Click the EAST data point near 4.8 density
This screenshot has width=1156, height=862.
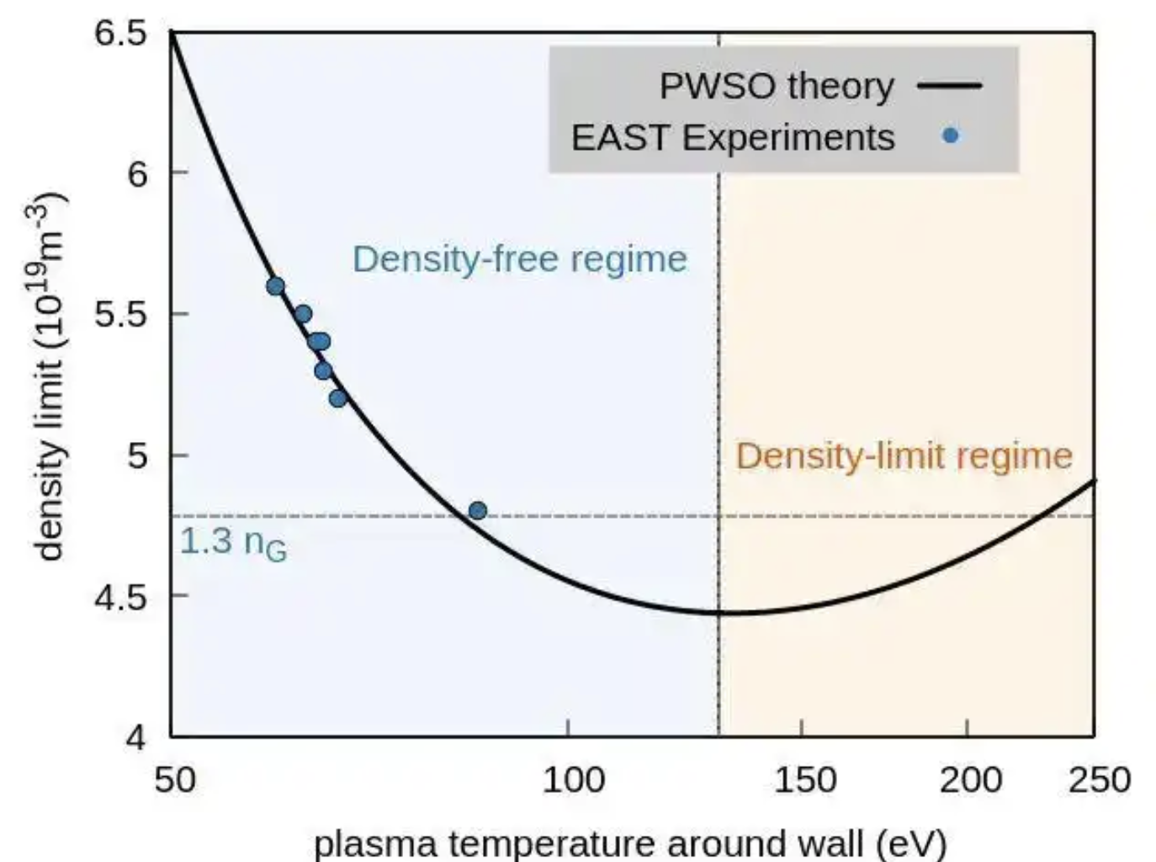click(477, 510)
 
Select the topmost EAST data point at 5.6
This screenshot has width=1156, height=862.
click(275, 286)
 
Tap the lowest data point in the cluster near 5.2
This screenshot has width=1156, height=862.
click(337, 398)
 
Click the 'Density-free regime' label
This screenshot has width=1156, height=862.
click(519, 258)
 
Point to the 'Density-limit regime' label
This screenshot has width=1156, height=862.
click(904, 455)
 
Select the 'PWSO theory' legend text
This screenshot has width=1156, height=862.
click(776, 86)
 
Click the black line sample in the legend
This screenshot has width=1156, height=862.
click(949, 86)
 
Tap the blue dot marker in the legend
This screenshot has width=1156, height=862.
click(950, 136)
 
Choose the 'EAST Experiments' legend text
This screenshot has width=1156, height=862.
click(732, 137)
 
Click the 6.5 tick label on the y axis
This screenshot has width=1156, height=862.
click(122, 34)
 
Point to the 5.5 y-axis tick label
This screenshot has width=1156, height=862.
click(122, 314)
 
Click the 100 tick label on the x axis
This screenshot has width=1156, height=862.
click(572, 780)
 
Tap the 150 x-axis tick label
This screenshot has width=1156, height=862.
click(804, 780)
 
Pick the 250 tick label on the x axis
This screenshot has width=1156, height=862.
click(1099, 780)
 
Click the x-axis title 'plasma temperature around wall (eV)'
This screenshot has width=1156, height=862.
click(630, 843)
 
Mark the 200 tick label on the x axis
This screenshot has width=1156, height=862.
click(969, 780)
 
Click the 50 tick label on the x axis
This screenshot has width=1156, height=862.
click(174, 780)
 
